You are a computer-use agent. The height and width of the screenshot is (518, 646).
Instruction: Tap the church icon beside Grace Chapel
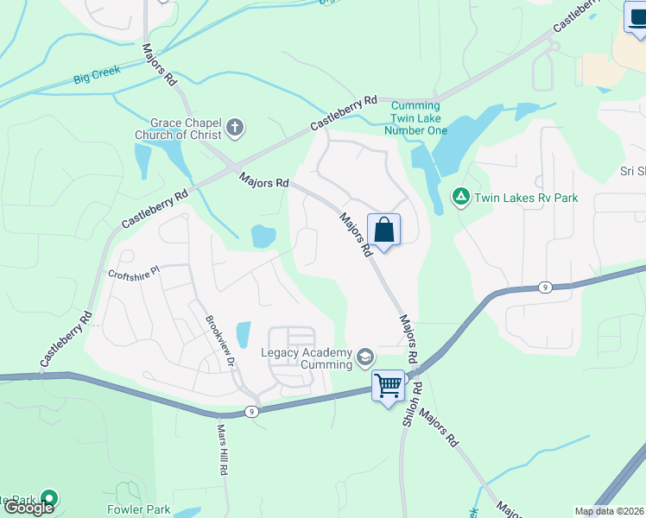pos(234,129)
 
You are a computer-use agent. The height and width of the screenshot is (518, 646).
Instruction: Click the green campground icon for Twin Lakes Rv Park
pos(461,198)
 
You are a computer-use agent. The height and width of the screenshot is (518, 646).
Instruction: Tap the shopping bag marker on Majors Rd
pos(384,231)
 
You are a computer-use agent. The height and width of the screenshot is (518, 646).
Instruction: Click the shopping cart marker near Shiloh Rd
pos(389,385)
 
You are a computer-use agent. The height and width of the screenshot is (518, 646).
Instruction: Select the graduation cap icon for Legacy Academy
pos(365,357)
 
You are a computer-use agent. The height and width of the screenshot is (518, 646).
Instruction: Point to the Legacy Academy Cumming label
pos(307,359)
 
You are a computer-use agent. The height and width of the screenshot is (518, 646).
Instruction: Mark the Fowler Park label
pos(138,509)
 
